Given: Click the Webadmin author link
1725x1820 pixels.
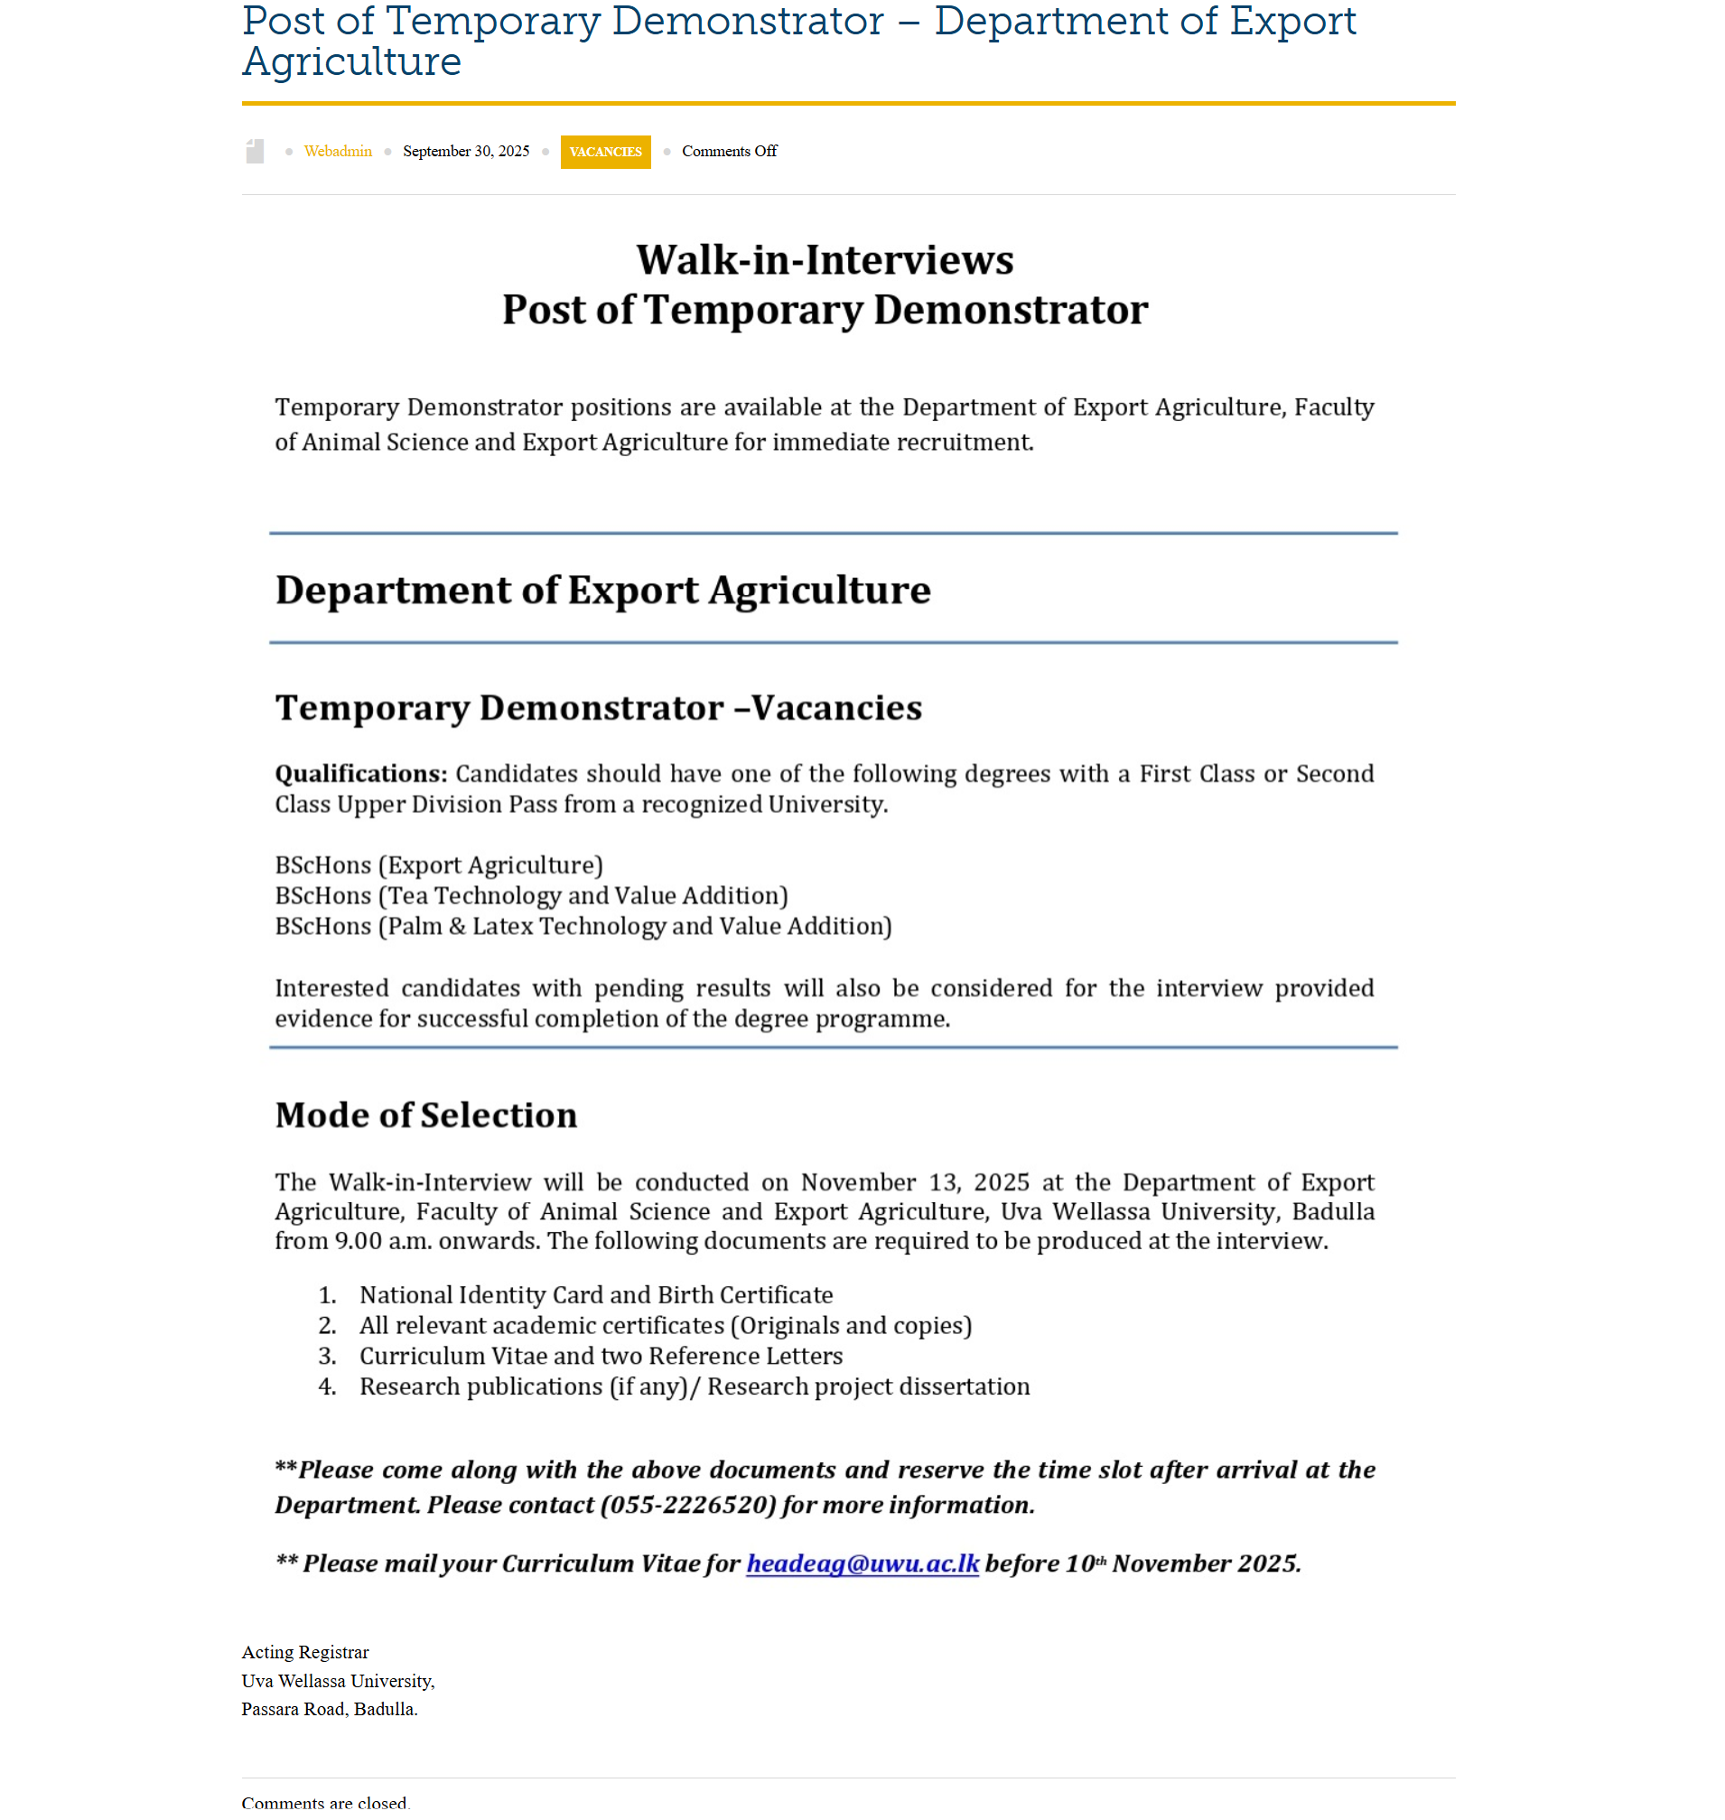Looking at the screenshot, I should (x=338, y=152).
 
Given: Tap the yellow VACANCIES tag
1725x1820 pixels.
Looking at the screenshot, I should (x=605, y=152).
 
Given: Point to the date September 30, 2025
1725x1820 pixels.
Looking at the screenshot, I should (x=465, y=152).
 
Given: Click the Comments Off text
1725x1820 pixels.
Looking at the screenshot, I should (x=728, y=152).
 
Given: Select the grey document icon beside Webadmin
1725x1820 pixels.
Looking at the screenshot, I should (x=255, y=152).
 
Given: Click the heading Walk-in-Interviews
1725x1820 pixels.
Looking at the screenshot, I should (x=825, y=260).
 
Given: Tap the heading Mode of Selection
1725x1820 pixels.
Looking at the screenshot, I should (x=425, y=1115).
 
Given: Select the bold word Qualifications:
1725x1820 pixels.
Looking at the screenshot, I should (x=360, y=774).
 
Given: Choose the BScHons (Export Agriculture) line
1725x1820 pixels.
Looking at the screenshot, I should (x=439, y=866).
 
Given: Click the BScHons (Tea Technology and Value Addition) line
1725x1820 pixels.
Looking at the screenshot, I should (x=531, y=897).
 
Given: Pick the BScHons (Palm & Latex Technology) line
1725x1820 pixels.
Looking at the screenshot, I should (x=583, y=927).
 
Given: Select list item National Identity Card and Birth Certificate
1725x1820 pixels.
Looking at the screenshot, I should (x=596, y=1296).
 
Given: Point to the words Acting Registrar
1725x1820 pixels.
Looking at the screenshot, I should (x=305, y=1653).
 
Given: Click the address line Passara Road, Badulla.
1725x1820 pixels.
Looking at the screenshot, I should (x=329, y=1710).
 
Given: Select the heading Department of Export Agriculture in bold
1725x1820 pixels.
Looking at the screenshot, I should (x=602, y=591).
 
